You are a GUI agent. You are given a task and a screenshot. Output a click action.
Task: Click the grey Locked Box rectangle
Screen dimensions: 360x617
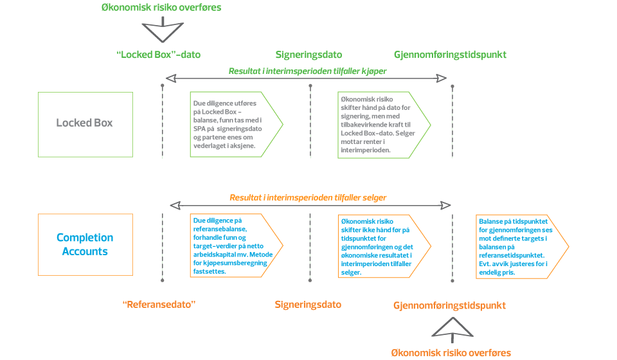[x=85, y=122]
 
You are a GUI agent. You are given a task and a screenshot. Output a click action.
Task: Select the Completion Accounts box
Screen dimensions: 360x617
[x=85, y=244]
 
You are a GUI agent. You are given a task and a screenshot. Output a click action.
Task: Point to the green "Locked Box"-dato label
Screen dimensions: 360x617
[x=159, y=55]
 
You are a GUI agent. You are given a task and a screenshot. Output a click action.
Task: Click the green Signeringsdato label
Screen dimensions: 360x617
[x=308, y=55]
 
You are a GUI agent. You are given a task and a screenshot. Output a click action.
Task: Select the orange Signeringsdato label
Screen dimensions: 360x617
[x=308, y=305]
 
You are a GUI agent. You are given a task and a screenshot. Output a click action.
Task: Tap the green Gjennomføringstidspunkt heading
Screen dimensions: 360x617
[x=450, y=55]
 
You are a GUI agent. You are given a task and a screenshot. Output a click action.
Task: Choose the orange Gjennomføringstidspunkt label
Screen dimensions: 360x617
[x=449, y=305]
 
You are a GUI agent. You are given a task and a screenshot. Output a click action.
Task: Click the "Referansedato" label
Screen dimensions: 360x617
[x=159, y=305]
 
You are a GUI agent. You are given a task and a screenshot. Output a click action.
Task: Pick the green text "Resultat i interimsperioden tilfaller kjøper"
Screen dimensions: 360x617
[x=307, y=71]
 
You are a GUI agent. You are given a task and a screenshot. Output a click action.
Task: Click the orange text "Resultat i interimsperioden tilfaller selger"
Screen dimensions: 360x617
[x=308, y=197]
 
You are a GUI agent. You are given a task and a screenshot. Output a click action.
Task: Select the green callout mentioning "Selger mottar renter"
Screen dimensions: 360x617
[x=383, y=124]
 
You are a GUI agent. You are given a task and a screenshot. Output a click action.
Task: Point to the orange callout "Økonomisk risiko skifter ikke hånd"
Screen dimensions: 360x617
[x=383, y=246]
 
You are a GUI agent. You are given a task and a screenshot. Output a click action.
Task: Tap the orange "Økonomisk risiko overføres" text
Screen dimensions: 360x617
[x=451, y=352]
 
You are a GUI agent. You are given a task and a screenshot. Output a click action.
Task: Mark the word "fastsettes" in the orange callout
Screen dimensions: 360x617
[x=210, y=272]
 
